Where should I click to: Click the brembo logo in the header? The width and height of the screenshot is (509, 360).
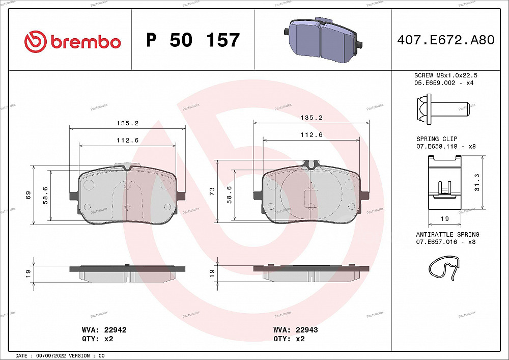tap(72, 41)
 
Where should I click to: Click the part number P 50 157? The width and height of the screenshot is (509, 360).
tap(192, 40)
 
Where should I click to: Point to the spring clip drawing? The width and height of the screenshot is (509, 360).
tap(444, 182)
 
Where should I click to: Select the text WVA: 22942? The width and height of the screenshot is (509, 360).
tap(104, 330)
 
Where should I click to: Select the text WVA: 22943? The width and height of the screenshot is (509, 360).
tap(296, 330)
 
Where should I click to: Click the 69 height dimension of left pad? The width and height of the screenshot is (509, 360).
tap(29, 195)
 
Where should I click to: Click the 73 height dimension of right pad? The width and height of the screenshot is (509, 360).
tap(212, 191)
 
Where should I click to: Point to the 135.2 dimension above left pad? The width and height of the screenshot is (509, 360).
tap(128, 123)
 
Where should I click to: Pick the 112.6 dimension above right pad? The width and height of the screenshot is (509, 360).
tap(312, 135)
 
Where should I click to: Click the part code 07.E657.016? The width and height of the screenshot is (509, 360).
tap(438, 242)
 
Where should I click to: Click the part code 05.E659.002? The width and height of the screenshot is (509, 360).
tap(437, 82)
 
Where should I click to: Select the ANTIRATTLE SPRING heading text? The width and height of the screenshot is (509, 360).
tap(447, 235)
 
